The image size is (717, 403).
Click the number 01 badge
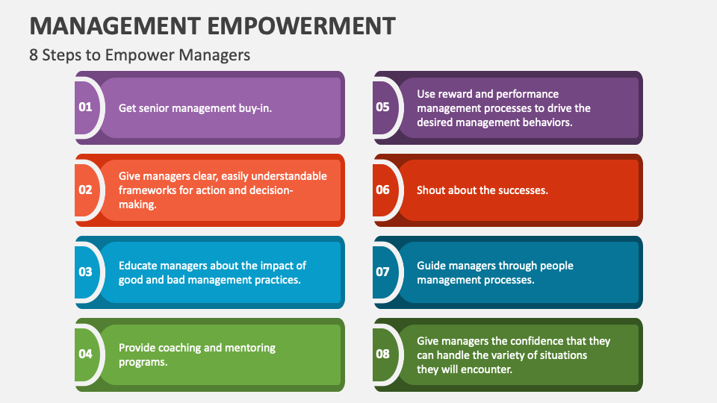(x=85, y=107)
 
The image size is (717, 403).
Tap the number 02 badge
(x=85, y=190)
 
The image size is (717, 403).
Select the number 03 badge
(x=85, y=272)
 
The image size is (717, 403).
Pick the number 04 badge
(x=85, y=354)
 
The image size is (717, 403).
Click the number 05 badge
(x=382, y=107)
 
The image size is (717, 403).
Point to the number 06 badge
(x=382, y=190)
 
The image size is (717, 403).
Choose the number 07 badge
(x=382, y=272)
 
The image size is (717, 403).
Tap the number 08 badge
(x=382, y=354)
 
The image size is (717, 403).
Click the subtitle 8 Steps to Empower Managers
(x=140, y=55)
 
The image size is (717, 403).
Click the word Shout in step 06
(x=432, y=190)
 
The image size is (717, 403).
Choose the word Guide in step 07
(x=432, y=266)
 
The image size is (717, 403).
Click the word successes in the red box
(x=523, y=190)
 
